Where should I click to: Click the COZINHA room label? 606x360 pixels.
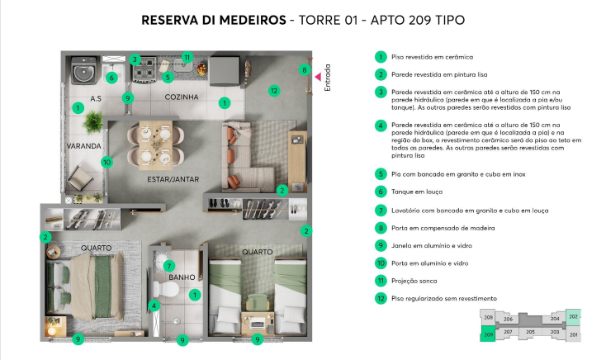tap(181, 97)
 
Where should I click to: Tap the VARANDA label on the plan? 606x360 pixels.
tap(83, 146)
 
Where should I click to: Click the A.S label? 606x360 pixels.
tap(96, 98)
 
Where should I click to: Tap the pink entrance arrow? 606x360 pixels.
tap(317, 76)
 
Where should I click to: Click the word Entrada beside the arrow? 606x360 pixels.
tap(327, 78)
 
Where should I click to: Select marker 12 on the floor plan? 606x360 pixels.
tap(273, 90)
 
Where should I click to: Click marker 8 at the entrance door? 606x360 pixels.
tap(304, 70)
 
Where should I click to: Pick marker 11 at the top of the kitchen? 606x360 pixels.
tap(187, 58)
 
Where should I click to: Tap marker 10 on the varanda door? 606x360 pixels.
tap(106, 162)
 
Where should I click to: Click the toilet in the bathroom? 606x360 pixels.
tap(159, 289)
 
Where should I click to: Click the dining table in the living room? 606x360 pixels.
tap(151, 143)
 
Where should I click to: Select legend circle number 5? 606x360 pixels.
tap(381, 174)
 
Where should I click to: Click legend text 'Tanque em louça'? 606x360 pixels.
tap(422, 191)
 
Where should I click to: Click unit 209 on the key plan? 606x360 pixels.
tap(489, 334)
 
